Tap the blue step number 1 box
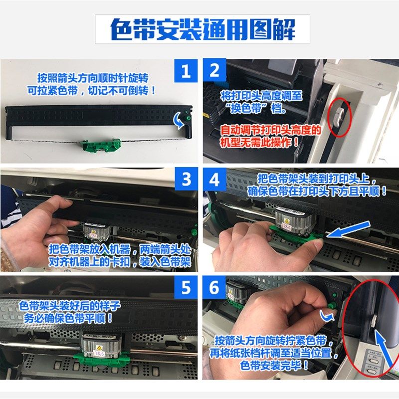point(186,71)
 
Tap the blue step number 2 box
point(214,71)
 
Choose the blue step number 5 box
point(186,289)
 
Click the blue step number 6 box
point(214,289)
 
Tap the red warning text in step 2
point(269,136)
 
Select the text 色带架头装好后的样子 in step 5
point(65,306)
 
